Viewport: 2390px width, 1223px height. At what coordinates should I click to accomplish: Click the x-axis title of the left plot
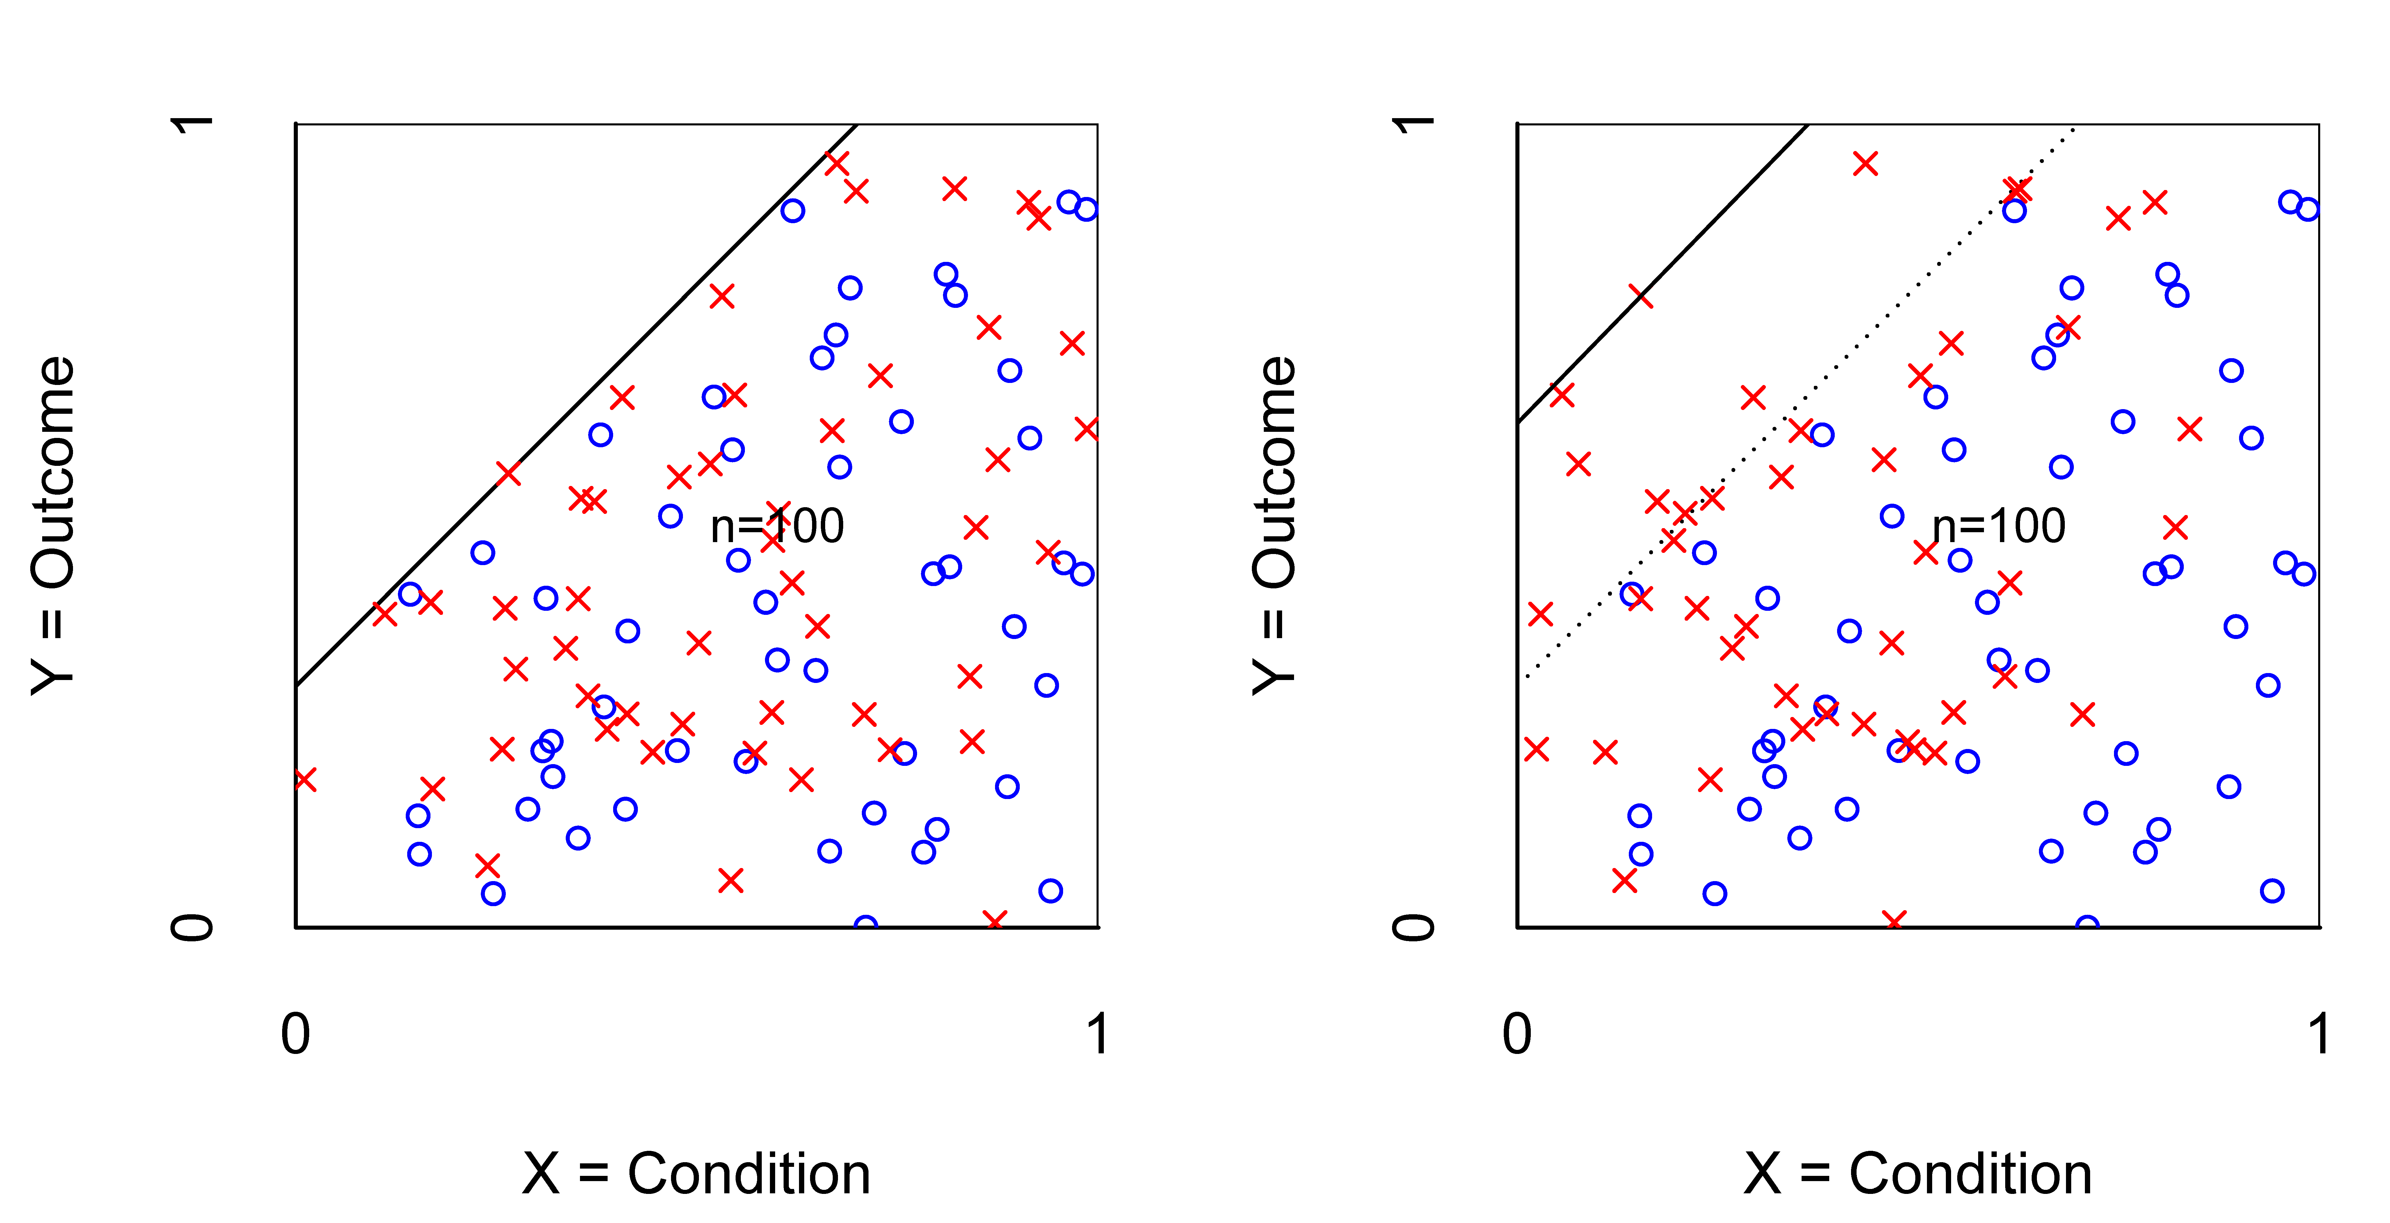pos(696,1174)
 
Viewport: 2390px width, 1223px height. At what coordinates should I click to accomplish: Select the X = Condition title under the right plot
pos(1918,1174)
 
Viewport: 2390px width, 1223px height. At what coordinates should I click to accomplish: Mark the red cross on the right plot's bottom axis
pos(1895,922)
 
